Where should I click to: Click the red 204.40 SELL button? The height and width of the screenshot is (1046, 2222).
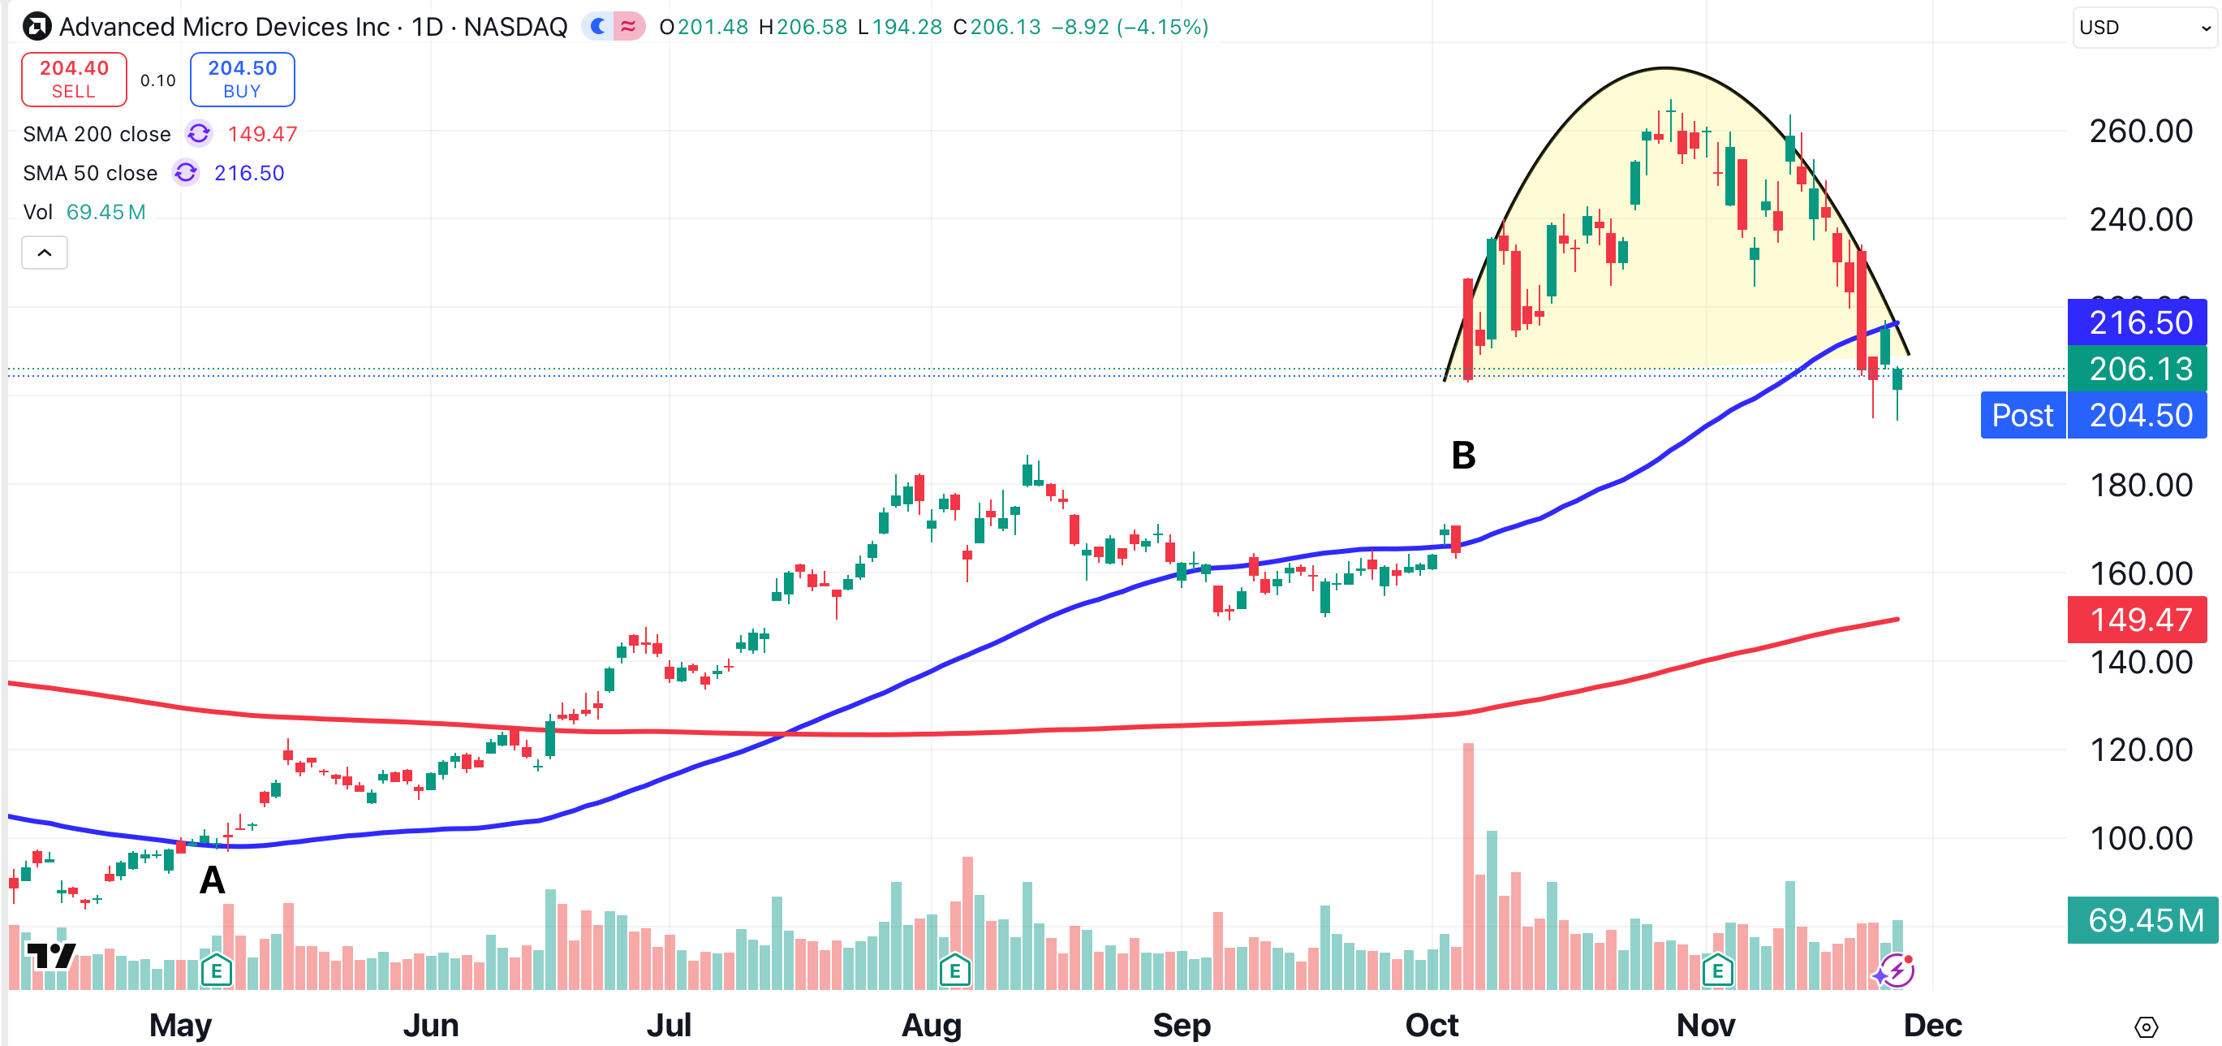pos(74,80)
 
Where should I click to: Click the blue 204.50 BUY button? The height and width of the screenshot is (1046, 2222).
pos(243,80)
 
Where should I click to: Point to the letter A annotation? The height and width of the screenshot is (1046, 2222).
pos(212,880)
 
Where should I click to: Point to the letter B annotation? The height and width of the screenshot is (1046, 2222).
pos(1463,456)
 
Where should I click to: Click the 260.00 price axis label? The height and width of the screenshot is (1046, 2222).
pos(2140,132)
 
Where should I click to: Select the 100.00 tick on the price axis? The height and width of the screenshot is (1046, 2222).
pos(2140,838)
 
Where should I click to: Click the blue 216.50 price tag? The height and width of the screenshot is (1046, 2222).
pos(2138,322)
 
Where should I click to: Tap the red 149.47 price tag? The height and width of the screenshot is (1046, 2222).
pos(2138,620)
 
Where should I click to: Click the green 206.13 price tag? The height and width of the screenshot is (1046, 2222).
pos(2138,369)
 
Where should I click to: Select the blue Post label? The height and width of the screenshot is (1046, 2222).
pos(2022,415)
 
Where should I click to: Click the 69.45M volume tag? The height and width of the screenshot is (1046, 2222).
pos(2142,920)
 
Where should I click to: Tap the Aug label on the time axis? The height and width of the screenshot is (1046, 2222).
pos(931,1025)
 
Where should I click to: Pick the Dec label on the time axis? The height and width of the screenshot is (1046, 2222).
pos(1932,1025)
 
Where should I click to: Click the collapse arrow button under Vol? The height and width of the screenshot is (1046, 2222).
pos(45,253)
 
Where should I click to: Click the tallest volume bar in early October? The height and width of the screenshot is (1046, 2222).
pos(1468,863)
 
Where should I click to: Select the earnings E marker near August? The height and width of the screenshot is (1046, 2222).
pos(954,971)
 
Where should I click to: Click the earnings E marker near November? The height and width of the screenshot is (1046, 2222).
pos(1717,971)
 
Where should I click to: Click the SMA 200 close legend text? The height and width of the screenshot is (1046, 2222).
pos(97,134)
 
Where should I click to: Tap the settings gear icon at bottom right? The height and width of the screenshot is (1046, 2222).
pos(2146,1027)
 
